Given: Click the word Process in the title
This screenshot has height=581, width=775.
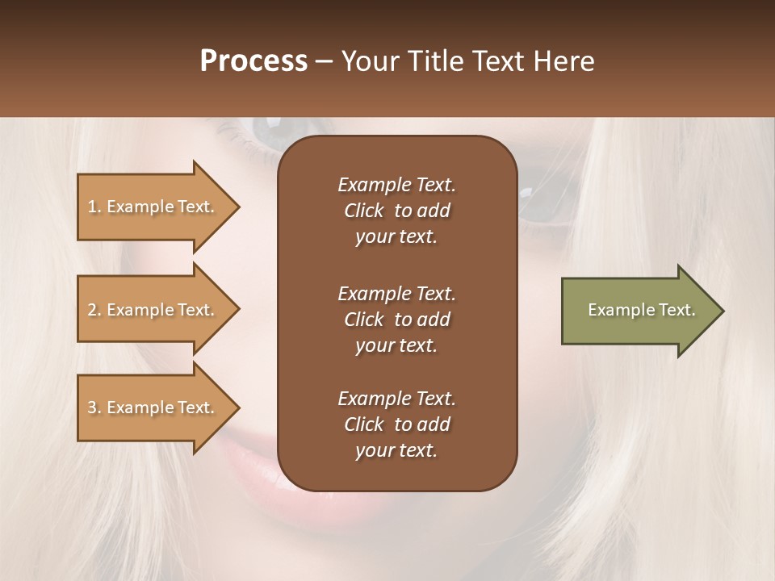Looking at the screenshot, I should [x=253, y=61].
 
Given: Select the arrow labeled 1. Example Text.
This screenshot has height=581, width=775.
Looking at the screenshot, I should [x=153, y=207].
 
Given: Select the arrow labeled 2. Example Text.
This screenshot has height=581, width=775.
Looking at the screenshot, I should [x=153, y=310].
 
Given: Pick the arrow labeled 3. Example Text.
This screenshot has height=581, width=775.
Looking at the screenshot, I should [x=153, y=408].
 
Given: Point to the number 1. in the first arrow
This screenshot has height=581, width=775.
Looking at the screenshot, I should [x=94, y=207].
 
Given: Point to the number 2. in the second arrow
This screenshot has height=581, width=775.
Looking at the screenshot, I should [x=94, y=310].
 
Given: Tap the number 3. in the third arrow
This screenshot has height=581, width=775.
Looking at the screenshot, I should [x=94, y=408].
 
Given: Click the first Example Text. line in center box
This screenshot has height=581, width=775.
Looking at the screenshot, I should [x=396, y=185].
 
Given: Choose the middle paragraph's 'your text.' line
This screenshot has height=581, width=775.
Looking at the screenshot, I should [x=396, y=345].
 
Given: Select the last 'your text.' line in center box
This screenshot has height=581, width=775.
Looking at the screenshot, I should [x=396, y=450].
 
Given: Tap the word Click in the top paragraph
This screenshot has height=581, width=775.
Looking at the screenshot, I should [x=364, y=211].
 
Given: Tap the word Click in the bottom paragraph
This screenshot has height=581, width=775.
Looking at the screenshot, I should [x=364, y=424].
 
